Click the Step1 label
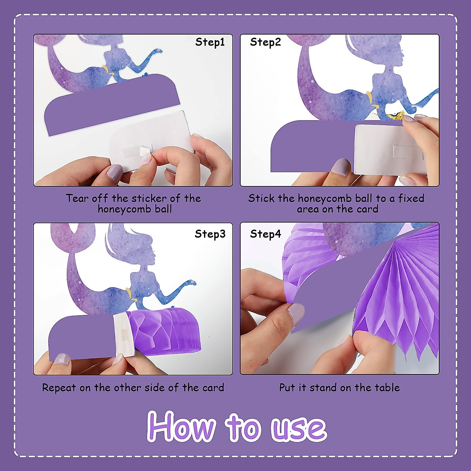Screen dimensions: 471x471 coord(210,42)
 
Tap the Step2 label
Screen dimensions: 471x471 coord(265,42)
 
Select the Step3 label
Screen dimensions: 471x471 coord(210,234)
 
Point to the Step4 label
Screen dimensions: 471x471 coord(265,234)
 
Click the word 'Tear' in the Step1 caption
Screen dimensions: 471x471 coord(77,198)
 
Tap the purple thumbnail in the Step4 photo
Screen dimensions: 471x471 coord(296,314)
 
